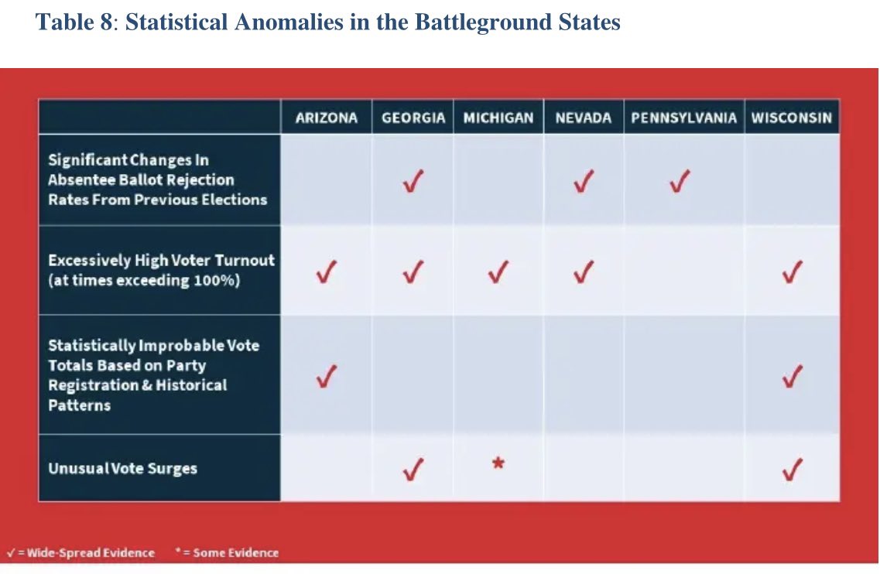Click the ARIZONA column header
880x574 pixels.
(x=326, y=118)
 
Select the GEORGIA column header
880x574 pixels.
(x=413, y=118)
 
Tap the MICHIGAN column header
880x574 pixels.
(x=498, y=118)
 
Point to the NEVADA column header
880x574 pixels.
(x=584, y=118)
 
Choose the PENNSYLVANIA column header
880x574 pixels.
(x=683, y=118)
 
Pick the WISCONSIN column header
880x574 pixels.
(x=791, y=118)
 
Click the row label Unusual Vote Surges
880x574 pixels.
(x=122, y=469)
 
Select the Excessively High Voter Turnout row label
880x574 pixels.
(x=161, y=270)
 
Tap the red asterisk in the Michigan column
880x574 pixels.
(x=498, y=464)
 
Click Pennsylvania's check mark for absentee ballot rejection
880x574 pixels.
(x=680, y=182)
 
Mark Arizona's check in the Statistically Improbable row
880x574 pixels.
(x=326, y=377)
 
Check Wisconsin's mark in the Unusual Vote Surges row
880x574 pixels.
(x=791, y=470)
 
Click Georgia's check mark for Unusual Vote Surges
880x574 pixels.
(x=413, y=470)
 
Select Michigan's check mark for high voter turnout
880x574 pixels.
(x=498, y=272)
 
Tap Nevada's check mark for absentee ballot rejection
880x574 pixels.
(x=584, y=182)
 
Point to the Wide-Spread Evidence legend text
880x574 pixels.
(x=85, y=553)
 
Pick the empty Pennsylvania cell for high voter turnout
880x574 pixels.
(x=683, y=271)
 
